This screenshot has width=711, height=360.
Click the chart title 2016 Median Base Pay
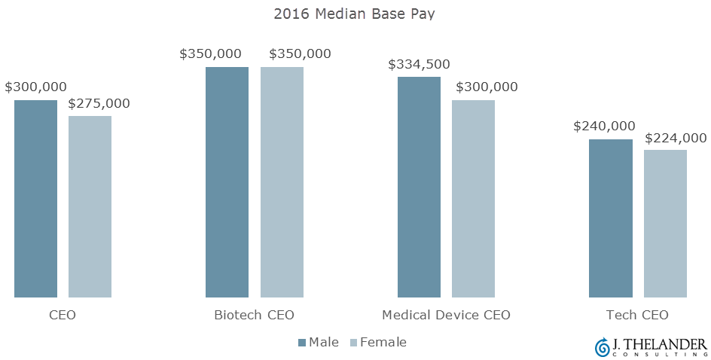click(355, 14)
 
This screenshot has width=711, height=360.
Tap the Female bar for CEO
click(90, 206)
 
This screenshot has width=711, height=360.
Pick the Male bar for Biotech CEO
click(227, 182)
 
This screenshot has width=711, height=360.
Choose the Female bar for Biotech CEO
click(282, 182)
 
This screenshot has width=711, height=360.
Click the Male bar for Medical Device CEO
click(419, 187)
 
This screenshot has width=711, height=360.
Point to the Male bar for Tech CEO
click(610, 218)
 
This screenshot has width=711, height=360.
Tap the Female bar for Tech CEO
click(665, 223)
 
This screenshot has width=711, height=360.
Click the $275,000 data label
click(99, 104)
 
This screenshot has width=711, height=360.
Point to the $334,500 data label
click(419, 65)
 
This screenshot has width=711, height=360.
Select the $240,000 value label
click(604, 127)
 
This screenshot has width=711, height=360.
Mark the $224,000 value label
click(676, 138)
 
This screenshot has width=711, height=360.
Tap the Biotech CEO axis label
click(254, 315)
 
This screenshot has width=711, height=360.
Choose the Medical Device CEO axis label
click(446, 315)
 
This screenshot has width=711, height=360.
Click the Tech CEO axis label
click(637, 315)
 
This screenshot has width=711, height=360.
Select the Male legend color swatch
click(302, 343)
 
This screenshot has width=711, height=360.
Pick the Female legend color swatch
click(354, 343)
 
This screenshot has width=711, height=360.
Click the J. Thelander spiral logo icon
click(602, 346)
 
